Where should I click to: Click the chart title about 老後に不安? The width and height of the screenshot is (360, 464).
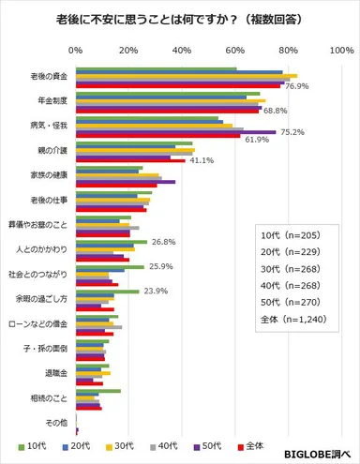[179, 18]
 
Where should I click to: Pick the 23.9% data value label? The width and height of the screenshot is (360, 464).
[155, 291]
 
